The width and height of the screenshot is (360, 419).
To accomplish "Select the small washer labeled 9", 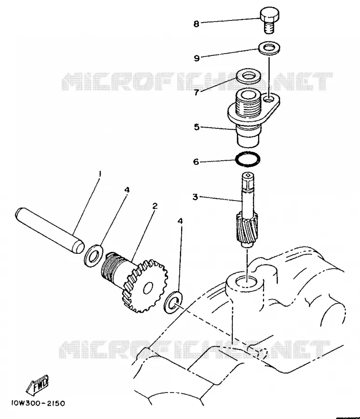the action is [269, 48].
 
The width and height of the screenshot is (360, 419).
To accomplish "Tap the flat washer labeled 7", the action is [248, 77].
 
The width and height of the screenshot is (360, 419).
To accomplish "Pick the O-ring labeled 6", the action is [248, 159].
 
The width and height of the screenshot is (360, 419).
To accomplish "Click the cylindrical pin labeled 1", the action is [49, 230].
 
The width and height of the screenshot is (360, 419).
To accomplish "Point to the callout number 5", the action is [197, 127].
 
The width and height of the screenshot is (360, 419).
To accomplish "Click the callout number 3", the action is [195, 197].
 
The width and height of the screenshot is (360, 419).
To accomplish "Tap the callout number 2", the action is [155, 206].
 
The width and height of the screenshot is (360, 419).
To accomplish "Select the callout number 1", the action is [100, 174].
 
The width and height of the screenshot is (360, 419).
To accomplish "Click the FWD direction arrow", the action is [37, 385].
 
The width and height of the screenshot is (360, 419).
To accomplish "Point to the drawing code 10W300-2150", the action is [38, 403].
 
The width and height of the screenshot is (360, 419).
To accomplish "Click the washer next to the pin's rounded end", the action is [94, 256].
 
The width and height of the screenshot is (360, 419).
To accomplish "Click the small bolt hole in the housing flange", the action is [269, 100].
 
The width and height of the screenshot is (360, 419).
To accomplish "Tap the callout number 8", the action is [197, 24].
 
